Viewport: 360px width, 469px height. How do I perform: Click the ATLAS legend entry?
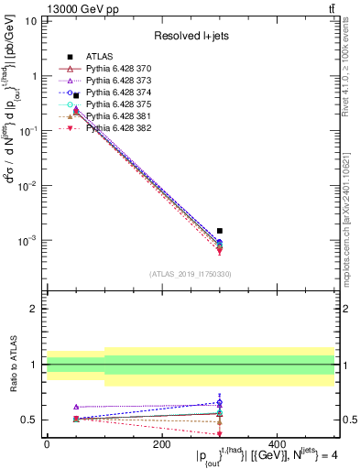point(101,56)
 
